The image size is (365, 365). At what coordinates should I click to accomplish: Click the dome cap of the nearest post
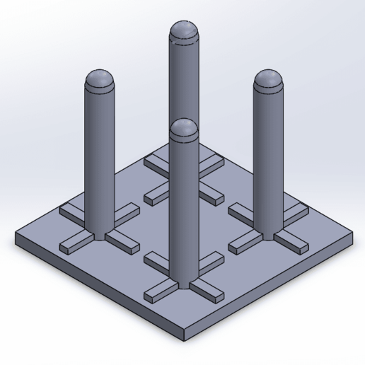tap(184, 129)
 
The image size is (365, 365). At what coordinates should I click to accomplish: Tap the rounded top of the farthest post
tap(183, 32)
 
